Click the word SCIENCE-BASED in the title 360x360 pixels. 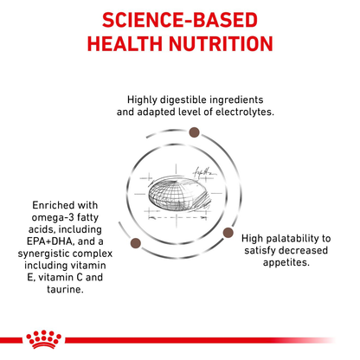tap(180, 20)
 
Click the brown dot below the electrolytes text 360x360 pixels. tap(194, 132)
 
